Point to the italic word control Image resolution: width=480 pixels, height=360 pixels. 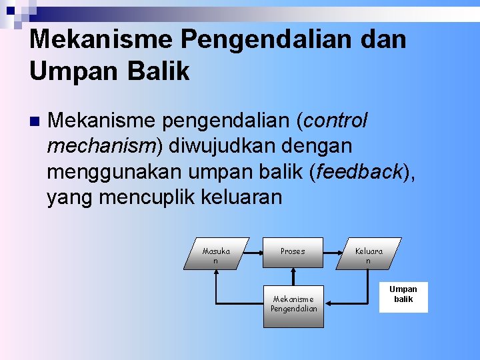336,121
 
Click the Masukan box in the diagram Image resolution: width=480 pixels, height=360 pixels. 216,253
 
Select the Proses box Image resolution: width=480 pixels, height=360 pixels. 293,252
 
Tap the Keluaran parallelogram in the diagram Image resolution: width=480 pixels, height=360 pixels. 369,253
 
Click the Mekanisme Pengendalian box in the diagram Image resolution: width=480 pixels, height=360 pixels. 293,304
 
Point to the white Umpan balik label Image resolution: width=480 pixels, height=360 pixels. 403,294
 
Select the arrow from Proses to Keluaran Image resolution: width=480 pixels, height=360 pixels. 333,253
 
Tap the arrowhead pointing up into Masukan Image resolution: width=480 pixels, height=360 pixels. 216,272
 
